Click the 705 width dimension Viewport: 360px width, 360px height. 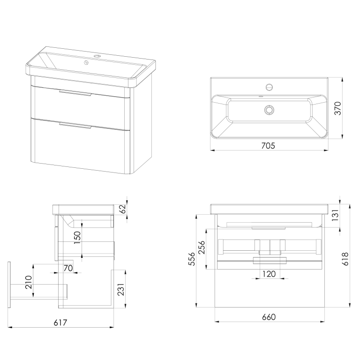[x=268, y=146]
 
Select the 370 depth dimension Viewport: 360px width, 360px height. [x=338, y=108]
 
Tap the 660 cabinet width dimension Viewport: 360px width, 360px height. [x=269, y=317]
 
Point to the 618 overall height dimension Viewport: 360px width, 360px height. [x=345, y=259]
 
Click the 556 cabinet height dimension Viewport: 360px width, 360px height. [x=192, y=259]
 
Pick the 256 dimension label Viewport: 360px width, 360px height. [x=202, y=247]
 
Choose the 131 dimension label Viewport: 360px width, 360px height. [x=336, y=215]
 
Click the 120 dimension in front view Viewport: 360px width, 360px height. [x=269, y=274]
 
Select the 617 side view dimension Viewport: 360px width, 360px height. [x=60, y=322]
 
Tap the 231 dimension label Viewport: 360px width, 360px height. [x=121, y=290]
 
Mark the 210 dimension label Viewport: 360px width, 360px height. [x=28, y=282]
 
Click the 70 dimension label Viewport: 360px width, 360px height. [x=68, y=268]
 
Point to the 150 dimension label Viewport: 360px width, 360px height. [x=77, y=237]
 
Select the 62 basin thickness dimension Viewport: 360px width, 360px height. [x=123, y=209]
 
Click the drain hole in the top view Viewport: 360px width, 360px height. [x=269, y=110]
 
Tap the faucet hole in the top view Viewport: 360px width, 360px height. [x=269, y=87]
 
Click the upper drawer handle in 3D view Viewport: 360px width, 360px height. [x=75, y=93]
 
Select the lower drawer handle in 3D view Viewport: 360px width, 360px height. [x=75, y=125]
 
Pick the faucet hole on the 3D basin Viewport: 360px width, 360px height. [x=97, y=56]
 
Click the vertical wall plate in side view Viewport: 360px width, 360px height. [x=9, y=285]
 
